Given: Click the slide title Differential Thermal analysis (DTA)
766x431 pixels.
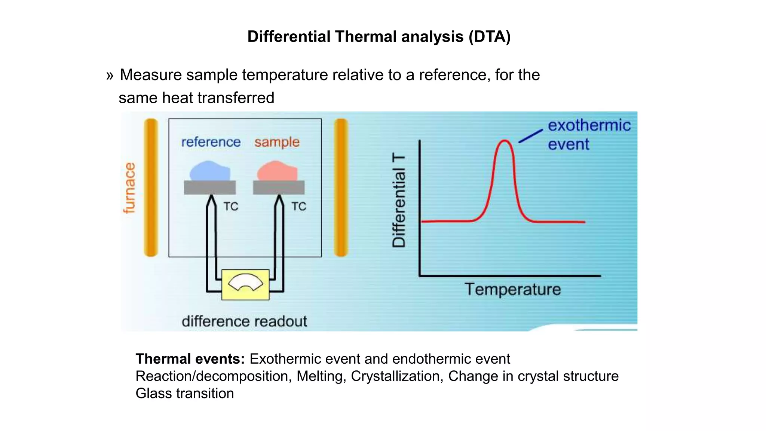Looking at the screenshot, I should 379,37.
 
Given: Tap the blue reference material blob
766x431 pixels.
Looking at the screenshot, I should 209,172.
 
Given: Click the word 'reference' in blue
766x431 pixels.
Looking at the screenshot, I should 211,142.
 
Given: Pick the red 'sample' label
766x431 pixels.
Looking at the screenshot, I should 277,142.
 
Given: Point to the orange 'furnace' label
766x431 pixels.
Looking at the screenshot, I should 129,188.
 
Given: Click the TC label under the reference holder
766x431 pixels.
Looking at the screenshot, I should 231,207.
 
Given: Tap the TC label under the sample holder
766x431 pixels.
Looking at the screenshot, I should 298,207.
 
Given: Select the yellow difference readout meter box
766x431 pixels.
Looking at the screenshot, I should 245,285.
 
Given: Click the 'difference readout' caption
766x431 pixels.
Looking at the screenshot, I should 244,321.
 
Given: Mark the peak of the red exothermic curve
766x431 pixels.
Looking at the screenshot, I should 505,141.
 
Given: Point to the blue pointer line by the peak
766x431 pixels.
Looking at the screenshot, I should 530,136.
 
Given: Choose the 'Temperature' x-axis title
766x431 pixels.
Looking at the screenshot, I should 512,290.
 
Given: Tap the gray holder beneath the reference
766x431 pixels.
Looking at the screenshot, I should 210,187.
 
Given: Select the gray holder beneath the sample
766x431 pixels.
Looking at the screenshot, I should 279,187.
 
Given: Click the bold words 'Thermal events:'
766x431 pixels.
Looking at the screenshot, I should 190,359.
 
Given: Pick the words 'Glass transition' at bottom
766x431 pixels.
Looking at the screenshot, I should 185,393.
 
